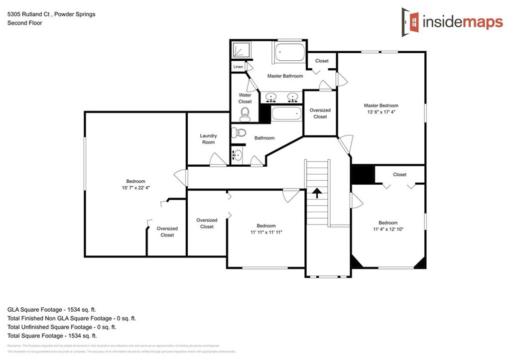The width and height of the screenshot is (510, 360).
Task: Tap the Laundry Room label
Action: click(x=208, y=139)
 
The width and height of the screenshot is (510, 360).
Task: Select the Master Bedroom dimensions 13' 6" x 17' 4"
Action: click(x=381, y=112)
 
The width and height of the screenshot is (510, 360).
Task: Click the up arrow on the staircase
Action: click(x=317, y=192)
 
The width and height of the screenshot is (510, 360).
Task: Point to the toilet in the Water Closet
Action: click(x=245, y=115)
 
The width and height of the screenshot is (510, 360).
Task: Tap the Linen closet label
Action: click(x=238, y=67)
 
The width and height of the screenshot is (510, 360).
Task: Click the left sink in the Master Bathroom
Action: click(x=271, y=96)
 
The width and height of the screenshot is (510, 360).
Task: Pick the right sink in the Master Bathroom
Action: click(x=292, y=96)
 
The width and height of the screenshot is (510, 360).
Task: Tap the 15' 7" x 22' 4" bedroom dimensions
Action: click(x=135, y=188)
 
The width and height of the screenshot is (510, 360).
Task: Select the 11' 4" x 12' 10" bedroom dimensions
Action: click(x=388, y=229)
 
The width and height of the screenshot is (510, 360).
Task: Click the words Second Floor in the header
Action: click(x=24, y=23)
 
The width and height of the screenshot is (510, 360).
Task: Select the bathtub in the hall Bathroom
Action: click(x=287, y=114)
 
